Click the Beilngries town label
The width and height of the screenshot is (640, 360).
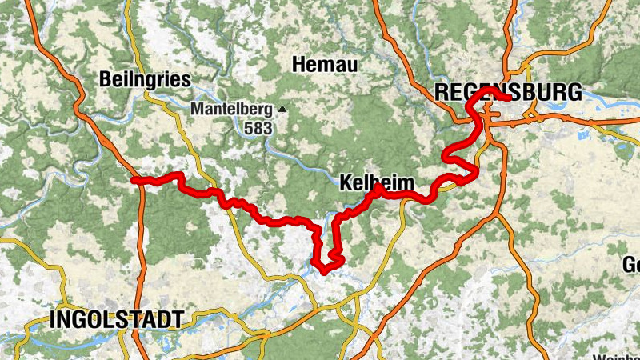146,79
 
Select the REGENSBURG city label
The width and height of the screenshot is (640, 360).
508,92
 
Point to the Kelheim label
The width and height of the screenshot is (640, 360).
378,183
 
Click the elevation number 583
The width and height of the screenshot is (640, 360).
259,127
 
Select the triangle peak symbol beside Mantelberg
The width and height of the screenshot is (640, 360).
282,108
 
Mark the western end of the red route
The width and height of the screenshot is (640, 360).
134,181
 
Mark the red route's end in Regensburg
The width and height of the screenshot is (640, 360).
506,98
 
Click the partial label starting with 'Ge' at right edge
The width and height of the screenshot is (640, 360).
631,265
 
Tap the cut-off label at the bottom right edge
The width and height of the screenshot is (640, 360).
616,355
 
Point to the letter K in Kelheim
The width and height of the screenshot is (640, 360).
346,183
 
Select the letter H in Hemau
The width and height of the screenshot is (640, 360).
300,63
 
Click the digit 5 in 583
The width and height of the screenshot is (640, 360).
250,127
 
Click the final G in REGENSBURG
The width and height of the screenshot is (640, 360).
574,92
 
